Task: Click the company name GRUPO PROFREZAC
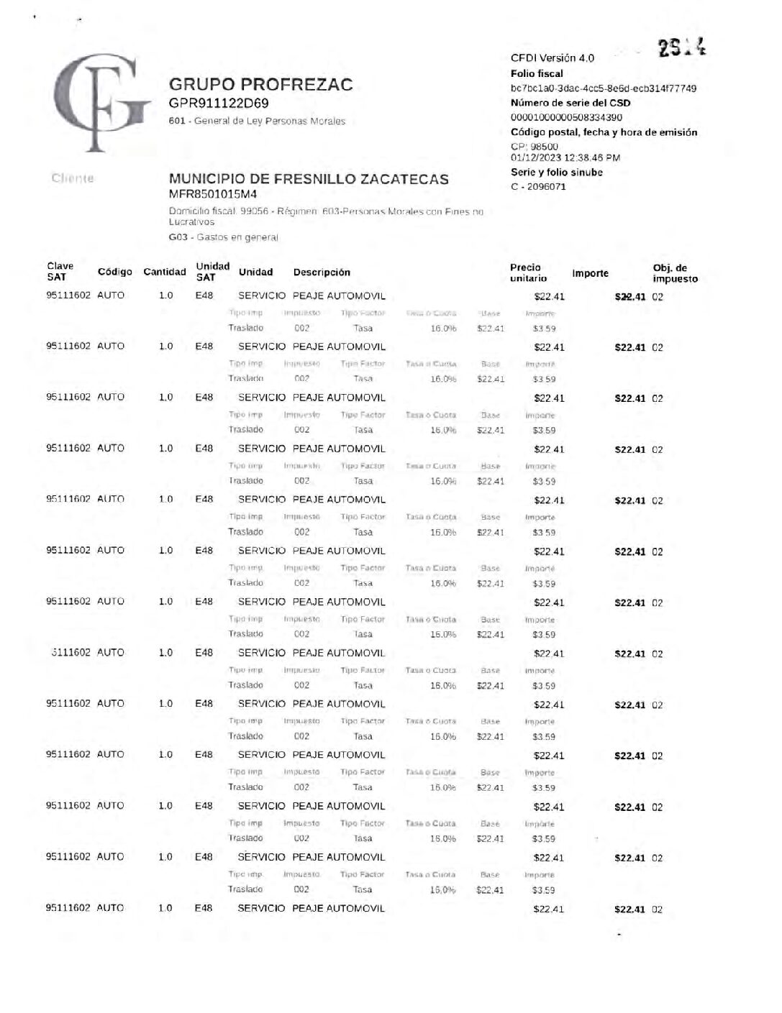pyautogui.click(x=260, y=85)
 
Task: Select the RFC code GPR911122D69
pyautogui.click(x=219, y=104)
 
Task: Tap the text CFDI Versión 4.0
pyautogui.click(x=552, y=58)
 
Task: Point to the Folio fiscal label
pyautogui.click(x=537, y=73)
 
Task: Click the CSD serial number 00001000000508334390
pyautogui.click(x=566, y=117)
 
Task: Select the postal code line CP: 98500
pyautogui.click(x=534, y=147)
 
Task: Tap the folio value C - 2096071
pyautogui.click(x=538, y=187)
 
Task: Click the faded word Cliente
pyautogui.click(x=73, y=178)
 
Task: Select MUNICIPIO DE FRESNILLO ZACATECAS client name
pyautogui.click(x=309, y=179)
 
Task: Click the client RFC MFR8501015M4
pyautogui.click(x=212, y=194)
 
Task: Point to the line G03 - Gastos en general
pyautogui.click(x=223, y=237)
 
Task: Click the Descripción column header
pyautogui.click(x=322, y=272)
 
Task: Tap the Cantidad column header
pyautogui.click(x=164, y=272)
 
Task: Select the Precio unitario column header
pyautogui.click(x=528, y=272)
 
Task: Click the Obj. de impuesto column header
pyautogui.click(x=675, y=273)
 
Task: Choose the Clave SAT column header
pyautogui.click(x=60, y=271)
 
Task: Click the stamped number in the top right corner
pyautogui.click(x=681, y=47)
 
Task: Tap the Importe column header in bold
pyautogui.click(x=590, y=273)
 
